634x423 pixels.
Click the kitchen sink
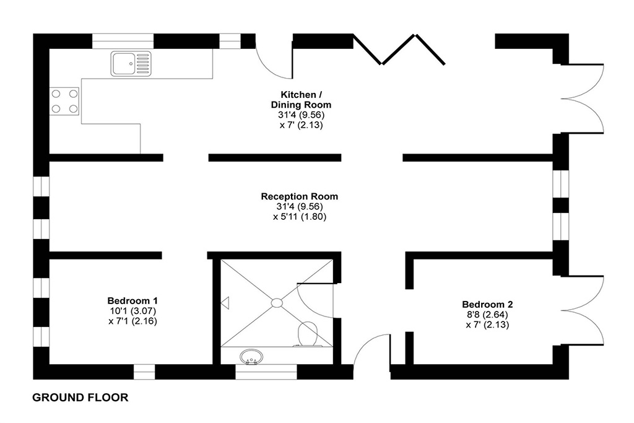(131, 64)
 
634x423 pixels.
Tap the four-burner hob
(64, 101)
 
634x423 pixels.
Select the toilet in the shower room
(308, 334)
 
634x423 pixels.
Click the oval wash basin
(251, 357)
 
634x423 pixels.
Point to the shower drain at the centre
(277, 302)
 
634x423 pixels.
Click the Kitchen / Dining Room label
(302, 100)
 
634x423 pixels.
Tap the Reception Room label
(299, 196)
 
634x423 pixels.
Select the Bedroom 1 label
(132, 300)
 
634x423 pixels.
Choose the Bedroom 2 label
(487, 304)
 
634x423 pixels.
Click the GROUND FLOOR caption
(80, 398)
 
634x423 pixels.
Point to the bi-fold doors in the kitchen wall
(399, 50)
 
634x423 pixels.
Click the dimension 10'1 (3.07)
(132, 311)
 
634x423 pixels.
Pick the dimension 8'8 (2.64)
(487, 314)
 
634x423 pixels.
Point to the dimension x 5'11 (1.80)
(300, 216)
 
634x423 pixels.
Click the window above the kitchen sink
(123, 41)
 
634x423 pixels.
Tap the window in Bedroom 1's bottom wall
(144, 372)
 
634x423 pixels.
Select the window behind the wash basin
(266, 372)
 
